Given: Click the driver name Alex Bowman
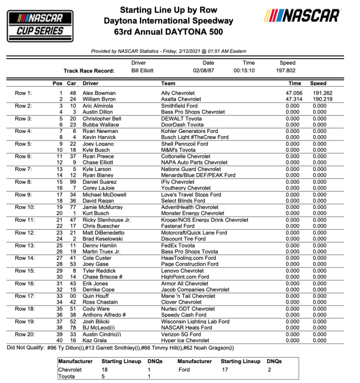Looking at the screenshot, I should [x=99, y=93].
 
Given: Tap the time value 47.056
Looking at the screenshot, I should [x=293, y=93].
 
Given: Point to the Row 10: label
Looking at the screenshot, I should [x=24, y=207].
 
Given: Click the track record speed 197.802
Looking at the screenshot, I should [x=287, y=71].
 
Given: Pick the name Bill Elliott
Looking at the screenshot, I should [x=142, y=71].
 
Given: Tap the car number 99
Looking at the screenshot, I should [x=73, y=182].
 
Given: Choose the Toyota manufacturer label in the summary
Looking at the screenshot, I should [x=67, y=376].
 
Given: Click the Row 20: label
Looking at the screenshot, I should [x=24, y=335].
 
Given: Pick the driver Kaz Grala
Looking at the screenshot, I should [x=95, y=341].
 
